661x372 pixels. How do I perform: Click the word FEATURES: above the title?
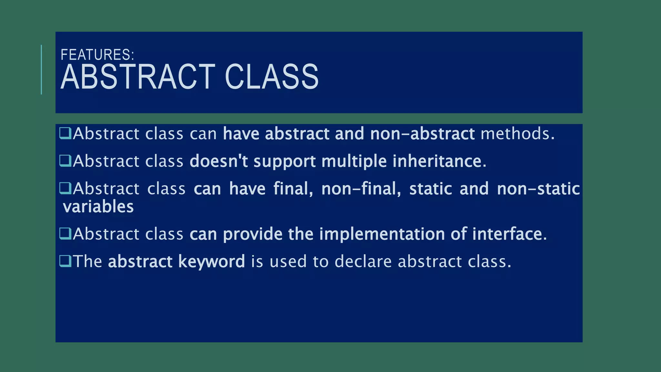pos(97,55)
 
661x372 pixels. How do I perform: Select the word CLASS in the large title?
pos(271,77)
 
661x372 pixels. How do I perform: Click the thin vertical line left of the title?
pos(42,69)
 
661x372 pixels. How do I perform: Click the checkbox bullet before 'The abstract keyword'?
pos(66,261)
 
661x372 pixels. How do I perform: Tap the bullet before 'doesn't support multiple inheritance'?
pos(66,160)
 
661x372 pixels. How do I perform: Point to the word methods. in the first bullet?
pos(517,134)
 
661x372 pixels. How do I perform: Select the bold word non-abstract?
pos(422,134)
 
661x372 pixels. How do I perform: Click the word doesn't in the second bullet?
pos(219,161)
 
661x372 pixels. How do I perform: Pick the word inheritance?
pos(439,161)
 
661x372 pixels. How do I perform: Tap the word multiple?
pos(354,161)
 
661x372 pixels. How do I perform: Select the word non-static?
pos(538,189)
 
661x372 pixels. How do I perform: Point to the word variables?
pos(98,207)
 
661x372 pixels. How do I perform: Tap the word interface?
pos(509,234)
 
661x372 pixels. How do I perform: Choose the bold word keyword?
pos(211,261)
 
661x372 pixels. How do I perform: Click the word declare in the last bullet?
pos(363,261)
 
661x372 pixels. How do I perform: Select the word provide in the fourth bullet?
pos(252,234)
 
